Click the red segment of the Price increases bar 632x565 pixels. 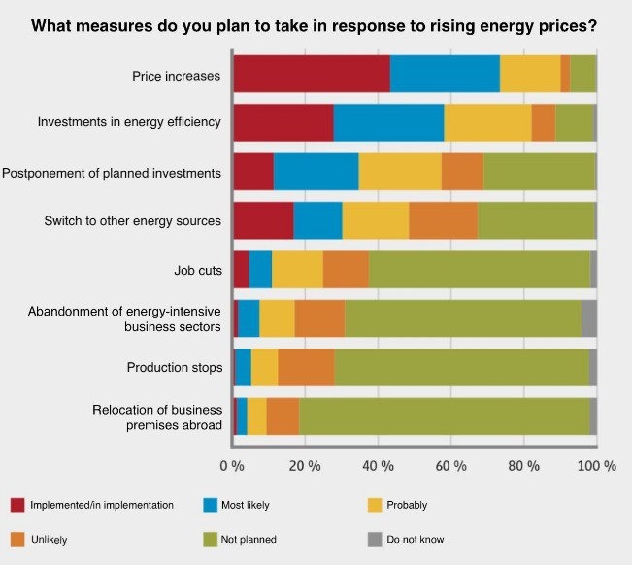point(312,74)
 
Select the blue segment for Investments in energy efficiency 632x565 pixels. point(388,123)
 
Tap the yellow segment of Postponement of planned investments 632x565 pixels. point(400,172)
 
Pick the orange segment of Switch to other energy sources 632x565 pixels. point(443,220)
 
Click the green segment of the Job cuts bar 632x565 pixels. point(479,269)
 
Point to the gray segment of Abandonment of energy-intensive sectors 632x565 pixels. point(588,318)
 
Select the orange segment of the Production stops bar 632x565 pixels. point(306,367)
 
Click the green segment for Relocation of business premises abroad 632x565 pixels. point(444,415)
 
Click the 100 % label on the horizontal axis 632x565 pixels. point(597,466)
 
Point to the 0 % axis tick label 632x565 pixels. point(232,466)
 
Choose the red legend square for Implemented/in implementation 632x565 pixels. point(17,505)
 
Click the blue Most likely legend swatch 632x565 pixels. point(210,505)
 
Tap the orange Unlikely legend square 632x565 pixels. point(17,539)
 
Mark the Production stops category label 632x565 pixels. point(175,368)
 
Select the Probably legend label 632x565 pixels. point(406,505)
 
